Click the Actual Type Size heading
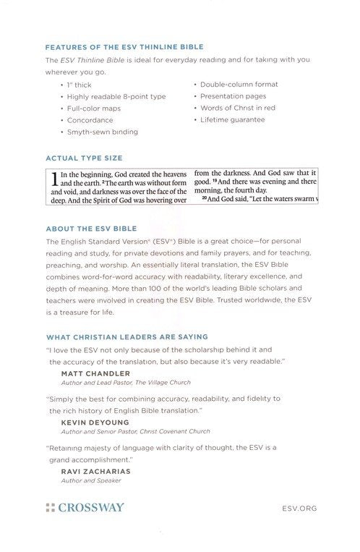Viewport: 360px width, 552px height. point(85,157)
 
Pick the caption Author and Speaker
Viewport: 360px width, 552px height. point(91,480)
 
